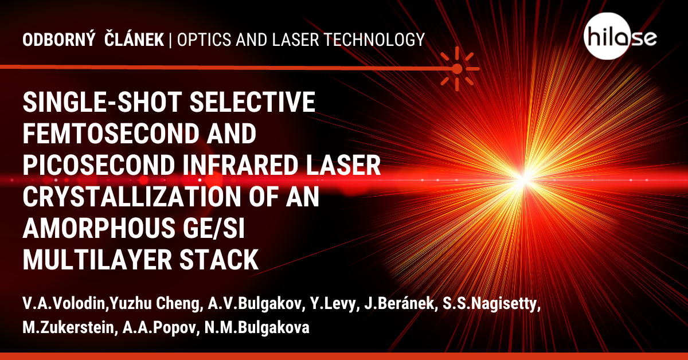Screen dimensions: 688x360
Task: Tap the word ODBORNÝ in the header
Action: point(58,40)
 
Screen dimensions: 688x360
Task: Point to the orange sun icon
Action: point(458,68)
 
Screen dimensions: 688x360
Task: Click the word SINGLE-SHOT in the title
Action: point(103,102)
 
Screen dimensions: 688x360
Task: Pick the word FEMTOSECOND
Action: point(110,134)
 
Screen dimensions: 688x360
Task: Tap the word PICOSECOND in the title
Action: point(99,165)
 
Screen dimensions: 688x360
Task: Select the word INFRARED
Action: point(240,165)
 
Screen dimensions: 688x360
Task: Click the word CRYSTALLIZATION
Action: point(132,197)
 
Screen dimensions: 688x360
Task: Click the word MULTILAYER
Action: point(97,260)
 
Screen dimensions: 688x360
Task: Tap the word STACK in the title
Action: point(219,260)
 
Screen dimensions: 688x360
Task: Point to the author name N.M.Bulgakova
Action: point(257,327)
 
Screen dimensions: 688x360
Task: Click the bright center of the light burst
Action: point(523,179)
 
